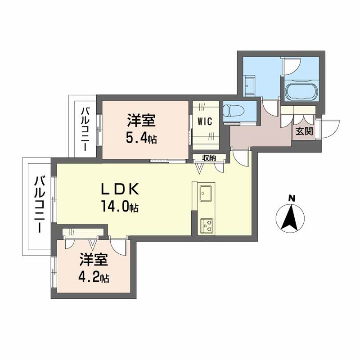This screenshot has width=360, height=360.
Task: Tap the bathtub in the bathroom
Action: tap(301, 90)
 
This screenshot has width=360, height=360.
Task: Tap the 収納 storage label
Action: tap(209, 157)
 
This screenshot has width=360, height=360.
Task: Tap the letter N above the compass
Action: tap(292, 197)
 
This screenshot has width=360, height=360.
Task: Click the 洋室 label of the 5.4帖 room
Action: tap(141, 120)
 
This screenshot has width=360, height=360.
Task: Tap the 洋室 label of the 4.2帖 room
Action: tap(94, 259)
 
